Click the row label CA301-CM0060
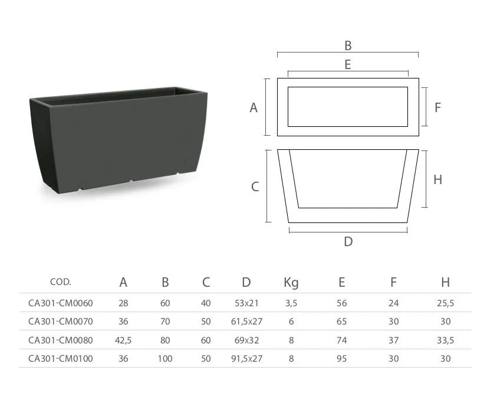point(61,303)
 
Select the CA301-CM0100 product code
point(61,359)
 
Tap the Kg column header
point(291,283)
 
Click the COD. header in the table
point(61,282)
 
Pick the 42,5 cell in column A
point(123,340)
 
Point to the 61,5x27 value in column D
point(246,322)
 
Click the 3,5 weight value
point(291,303)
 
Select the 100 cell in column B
point(165,359)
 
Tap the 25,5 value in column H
point(445,303)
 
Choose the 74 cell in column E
point(341,340)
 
